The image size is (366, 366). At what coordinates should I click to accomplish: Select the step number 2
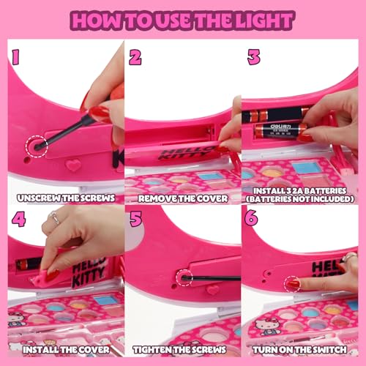pos(135,56)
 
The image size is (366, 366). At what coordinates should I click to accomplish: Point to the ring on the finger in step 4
pos(56,217)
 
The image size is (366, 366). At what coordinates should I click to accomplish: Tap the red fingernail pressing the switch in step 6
pos(293,283)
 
